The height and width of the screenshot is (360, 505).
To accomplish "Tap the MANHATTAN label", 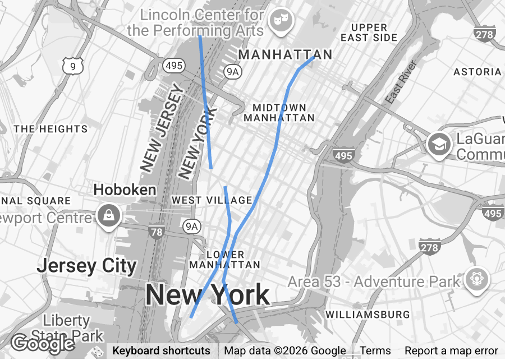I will [285, 55].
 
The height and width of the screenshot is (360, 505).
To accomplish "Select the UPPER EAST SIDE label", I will [369, 33].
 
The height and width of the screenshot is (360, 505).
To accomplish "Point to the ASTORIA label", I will [477, 72].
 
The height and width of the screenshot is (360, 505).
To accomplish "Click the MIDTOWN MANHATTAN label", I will [279, 113].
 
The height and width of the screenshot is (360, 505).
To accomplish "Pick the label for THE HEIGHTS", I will [50, 129].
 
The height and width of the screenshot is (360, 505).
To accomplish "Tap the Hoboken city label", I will [125, 190].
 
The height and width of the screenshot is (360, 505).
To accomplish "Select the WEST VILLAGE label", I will [212, 200].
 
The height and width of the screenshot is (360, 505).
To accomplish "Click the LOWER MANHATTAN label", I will [224, 260].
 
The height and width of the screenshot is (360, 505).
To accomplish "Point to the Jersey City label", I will [86, 266].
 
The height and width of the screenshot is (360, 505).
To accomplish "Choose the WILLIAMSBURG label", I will [368, 315].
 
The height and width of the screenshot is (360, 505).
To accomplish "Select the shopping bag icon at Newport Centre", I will [107, 215].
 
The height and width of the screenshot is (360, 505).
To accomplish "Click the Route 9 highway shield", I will [72, 66].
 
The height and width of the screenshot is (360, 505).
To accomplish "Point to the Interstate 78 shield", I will [157, 230].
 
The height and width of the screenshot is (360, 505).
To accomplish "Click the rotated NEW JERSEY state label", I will [163, 128].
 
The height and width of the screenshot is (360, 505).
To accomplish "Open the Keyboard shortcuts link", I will [162, 351].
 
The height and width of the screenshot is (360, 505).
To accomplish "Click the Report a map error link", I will [451, 351].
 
